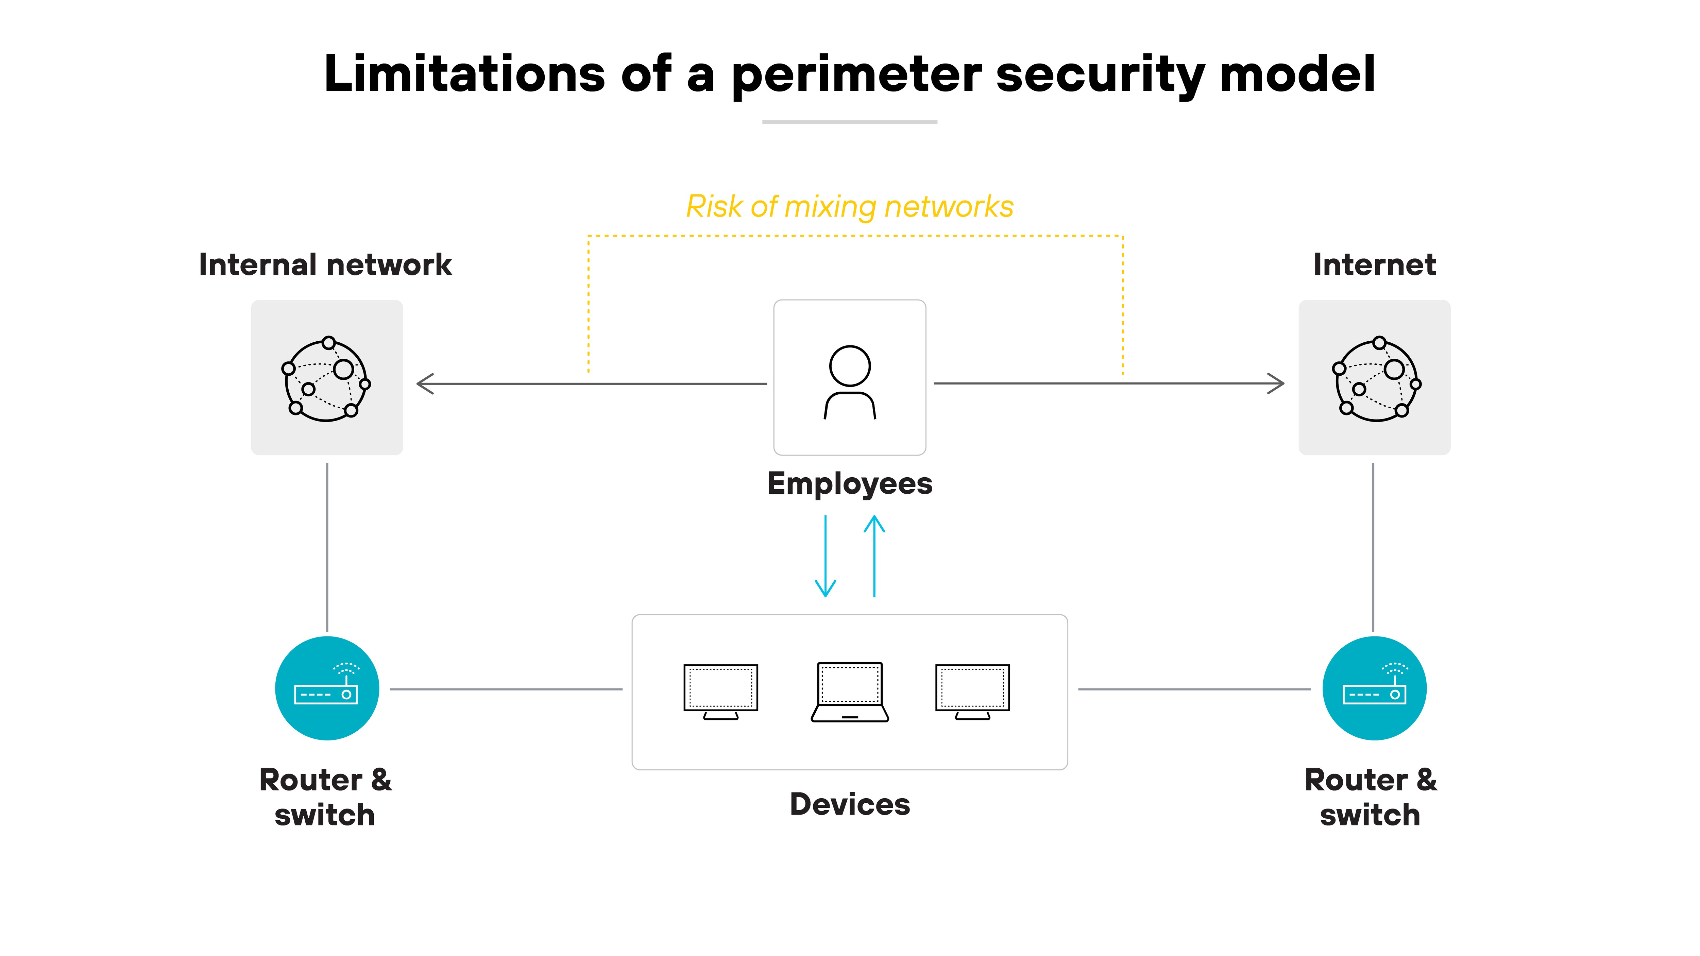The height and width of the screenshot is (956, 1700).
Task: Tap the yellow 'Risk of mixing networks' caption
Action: [849, 206]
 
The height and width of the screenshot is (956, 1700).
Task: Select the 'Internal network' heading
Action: [325, 264]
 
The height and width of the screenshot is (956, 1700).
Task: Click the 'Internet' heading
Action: [1374, 264]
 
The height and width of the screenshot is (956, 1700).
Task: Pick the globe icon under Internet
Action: [1376, 379]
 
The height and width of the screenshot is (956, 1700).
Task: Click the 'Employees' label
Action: [849, 483]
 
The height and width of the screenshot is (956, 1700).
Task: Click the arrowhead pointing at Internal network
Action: [424, 383]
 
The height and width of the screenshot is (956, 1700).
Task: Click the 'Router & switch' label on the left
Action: [325, 797]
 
